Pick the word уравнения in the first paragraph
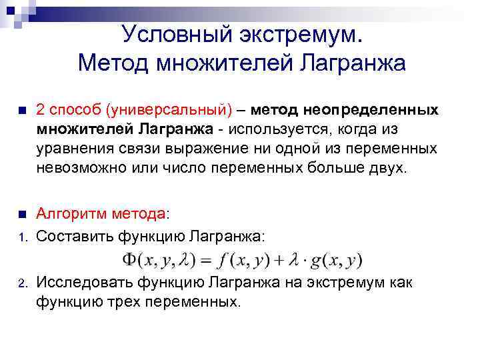74,147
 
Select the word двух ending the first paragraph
385,167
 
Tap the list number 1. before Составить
21,236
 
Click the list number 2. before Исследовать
21,284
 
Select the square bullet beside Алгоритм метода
21,215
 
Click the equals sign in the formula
207,259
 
